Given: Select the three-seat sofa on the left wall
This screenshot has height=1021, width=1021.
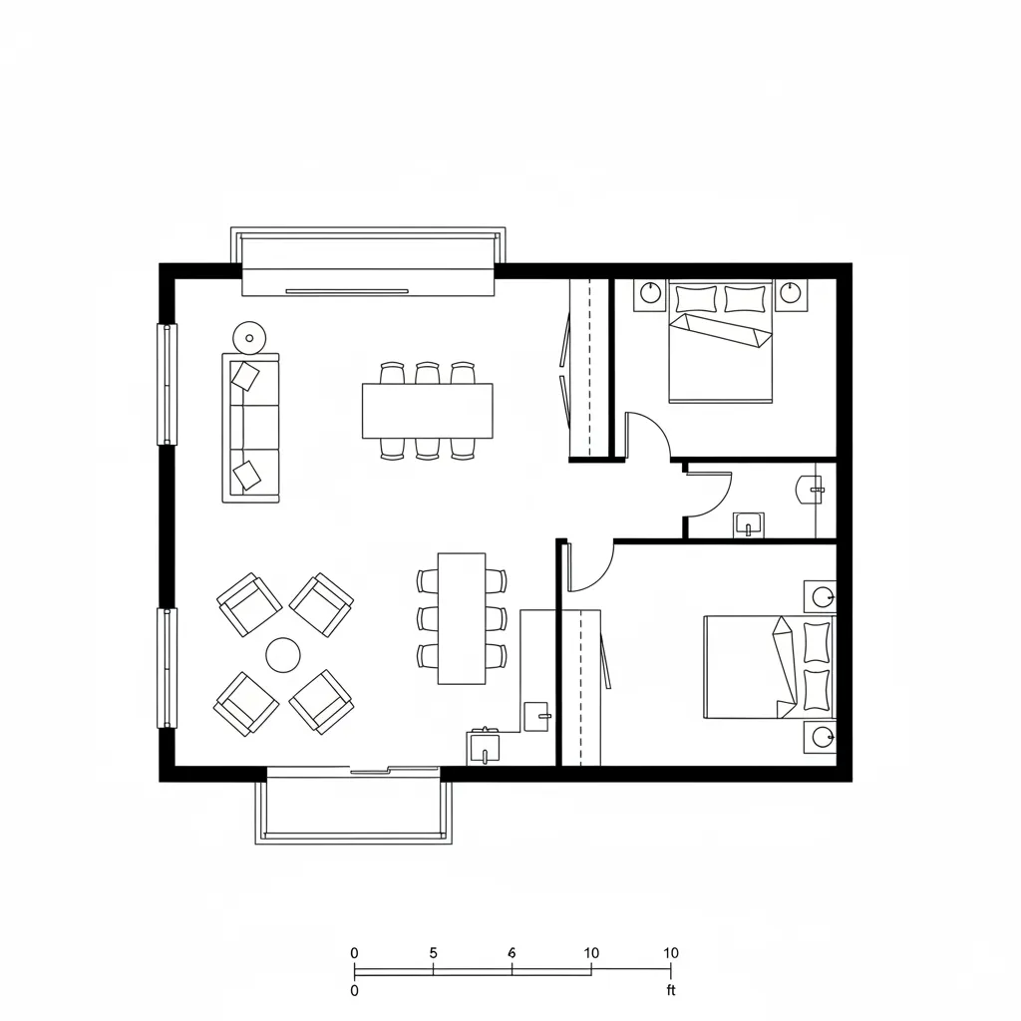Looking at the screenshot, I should [250, 427].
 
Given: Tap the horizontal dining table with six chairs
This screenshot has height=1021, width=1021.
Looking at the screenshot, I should [428, 410].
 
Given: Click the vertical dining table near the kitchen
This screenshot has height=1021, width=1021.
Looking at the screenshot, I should [462, 618].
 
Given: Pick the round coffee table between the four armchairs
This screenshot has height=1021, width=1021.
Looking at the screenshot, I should [283, 655].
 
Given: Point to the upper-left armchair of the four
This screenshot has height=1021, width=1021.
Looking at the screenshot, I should [249, 604].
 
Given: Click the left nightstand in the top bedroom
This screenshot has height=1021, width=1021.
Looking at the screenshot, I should [650, 293].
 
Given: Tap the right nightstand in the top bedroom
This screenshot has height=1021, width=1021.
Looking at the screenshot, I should [791, 293].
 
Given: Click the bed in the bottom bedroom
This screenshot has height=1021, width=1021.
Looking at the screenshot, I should [768, 666].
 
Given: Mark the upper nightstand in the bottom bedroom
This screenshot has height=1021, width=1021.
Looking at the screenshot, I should [821, 596].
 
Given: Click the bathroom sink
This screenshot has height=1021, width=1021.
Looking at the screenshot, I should [748, 523].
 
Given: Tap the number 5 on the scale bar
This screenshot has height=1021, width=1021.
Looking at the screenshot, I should [433, 952].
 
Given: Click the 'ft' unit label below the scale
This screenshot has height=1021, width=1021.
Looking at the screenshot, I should [671, 990].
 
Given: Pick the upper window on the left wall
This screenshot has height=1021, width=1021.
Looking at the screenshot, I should [167, 384].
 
